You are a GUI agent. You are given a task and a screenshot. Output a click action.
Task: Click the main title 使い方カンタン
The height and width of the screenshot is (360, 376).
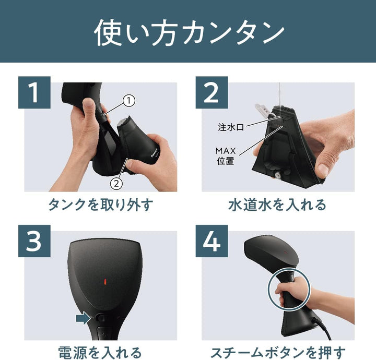point(189,32)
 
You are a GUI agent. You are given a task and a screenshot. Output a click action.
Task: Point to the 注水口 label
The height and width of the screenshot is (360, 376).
point(230,127)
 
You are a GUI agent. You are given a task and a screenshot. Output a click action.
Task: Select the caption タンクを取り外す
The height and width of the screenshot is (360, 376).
point(101,204)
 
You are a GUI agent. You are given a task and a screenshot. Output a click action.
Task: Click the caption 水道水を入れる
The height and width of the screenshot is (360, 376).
point(277,204)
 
